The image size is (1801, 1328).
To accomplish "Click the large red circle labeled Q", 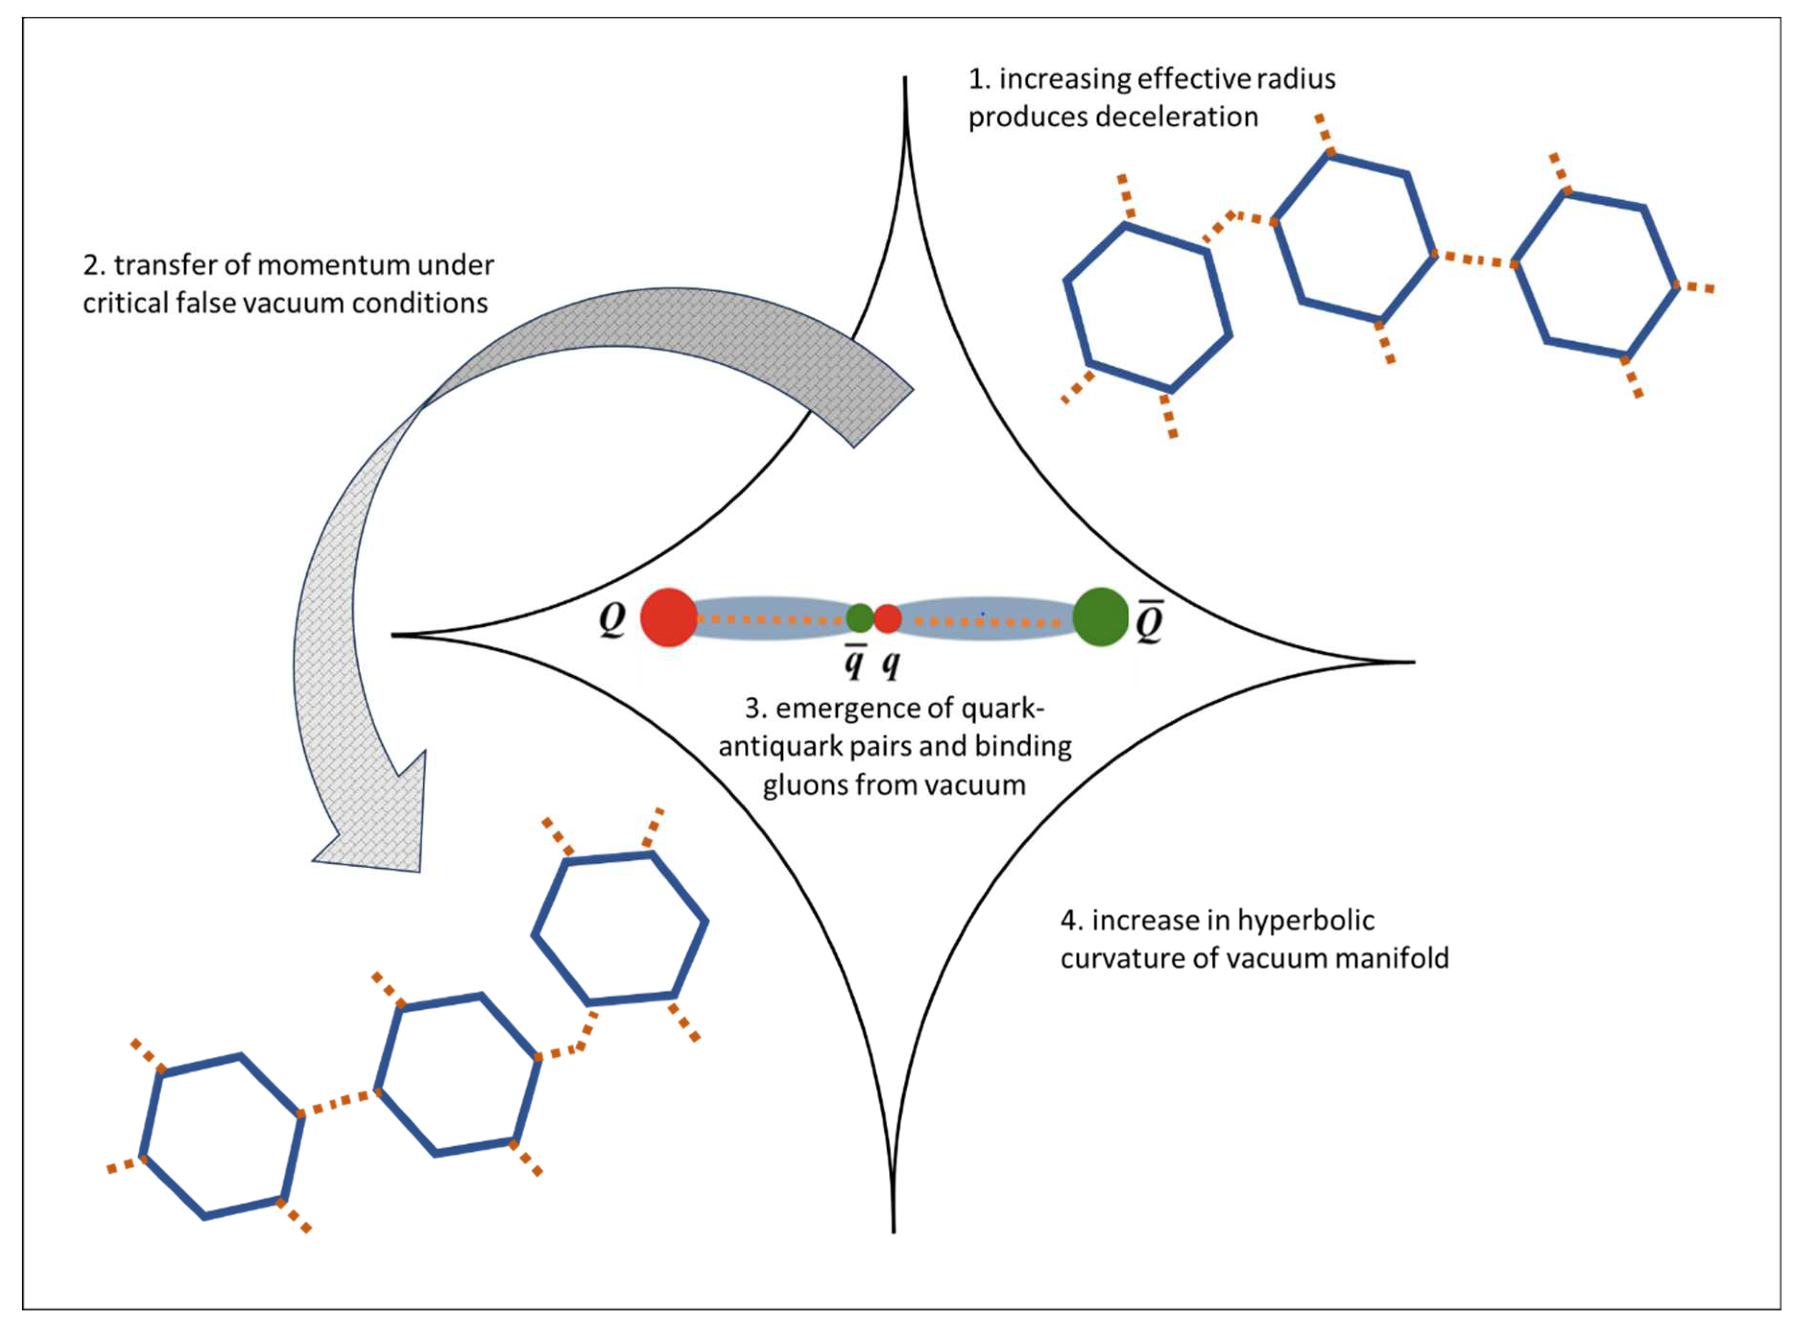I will tap(668, 617).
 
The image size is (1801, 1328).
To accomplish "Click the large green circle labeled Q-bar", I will tap(1100, 617).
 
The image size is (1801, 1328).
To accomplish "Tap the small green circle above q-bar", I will tap(860, 617).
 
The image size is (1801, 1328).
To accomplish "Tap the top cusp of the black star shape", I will tap(906, 80).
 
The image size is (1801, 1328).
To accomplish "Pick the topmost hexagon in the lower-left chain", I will tap(620, 929).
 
